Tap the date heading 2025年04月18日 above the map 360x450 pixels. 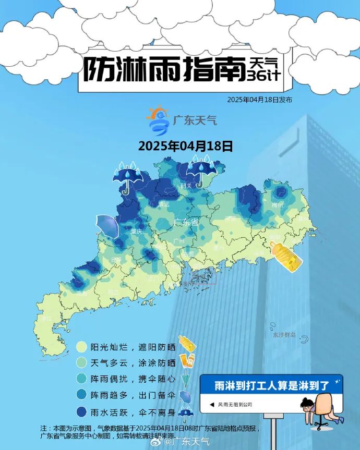pos(185,146)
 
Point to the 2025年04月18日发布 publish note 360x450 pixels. pos(259,100)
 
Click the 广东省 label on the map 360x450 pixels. pos(186,223)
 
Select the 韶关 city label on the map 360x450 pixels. pos(186,186)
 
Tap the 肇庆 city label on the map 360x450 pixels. pos(137,231)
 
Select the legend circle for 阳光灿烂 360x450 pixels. pos(81,347)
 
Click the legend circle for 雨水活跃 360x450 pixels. pos(81,412)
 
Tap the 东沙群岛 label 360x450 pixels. pos(284,335)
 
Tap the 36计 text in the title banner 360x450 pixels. pos(263,75)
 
